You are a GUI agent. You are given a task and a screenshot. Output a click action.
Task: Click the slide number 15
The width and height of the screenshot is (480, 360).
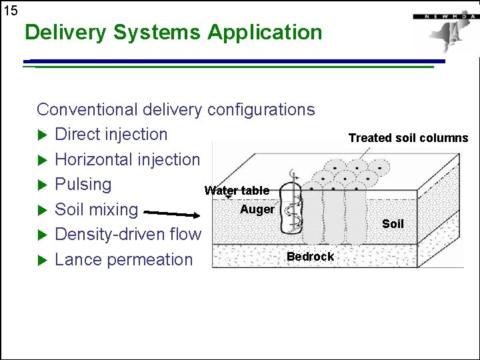[11, 10]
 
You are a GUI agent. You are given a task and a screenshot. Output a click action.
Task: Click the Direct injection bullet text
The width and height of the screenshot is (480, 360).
[111, 134]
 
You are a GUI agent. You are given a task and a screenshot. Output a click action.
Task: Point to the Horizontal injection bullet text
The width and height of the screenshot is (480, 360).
[127, 159]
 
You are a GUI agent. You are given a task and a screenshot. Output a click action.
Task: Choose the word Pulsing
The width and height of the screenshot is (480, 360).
[83, 184]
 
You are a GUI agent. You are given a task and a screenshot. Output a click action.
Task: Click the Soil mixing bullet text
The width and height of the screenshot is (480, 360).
[96, 209]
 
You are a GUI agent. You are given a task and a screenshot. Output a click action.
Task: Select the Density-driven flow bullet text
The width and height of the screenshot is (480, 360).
[127, 234]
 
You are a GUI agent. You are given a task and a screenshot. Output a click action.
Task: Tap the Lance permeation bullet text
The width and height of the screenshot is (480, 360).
[123, 259]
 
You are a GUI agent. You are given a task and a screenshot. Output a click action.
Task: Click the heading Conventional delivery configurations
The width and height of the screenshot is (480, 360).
[175, 109]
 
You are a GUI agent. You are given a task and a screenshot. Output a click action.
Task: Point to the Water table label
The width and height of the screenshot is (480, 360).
[237, 191]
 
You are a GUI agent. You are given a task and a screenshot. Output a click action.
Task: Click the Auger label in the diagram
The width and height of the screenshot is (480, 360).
[257, 209]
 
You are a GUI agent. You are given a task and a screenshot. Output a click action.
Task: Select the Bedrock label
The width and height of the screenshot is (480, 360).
[310, 257]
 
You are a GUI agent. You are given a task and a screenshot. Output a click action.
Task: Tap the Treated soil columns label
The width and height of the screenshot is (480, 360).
[408, 138]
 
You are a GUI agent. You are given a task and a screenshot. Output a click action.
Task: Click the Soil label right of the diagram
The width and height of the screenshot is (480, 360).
[393, 224]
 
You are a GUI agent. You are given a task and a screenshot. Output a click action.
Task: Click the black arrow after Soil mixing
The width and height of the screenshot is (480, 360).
[171, 214]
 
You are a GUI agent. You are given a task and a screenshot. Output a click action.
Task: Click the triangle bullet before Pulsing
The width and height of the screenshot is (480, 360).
[43, 185]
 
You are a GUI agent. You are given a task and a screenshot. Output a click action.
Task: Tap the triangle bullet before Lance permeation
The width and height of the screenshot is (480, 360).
[43, 260]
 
